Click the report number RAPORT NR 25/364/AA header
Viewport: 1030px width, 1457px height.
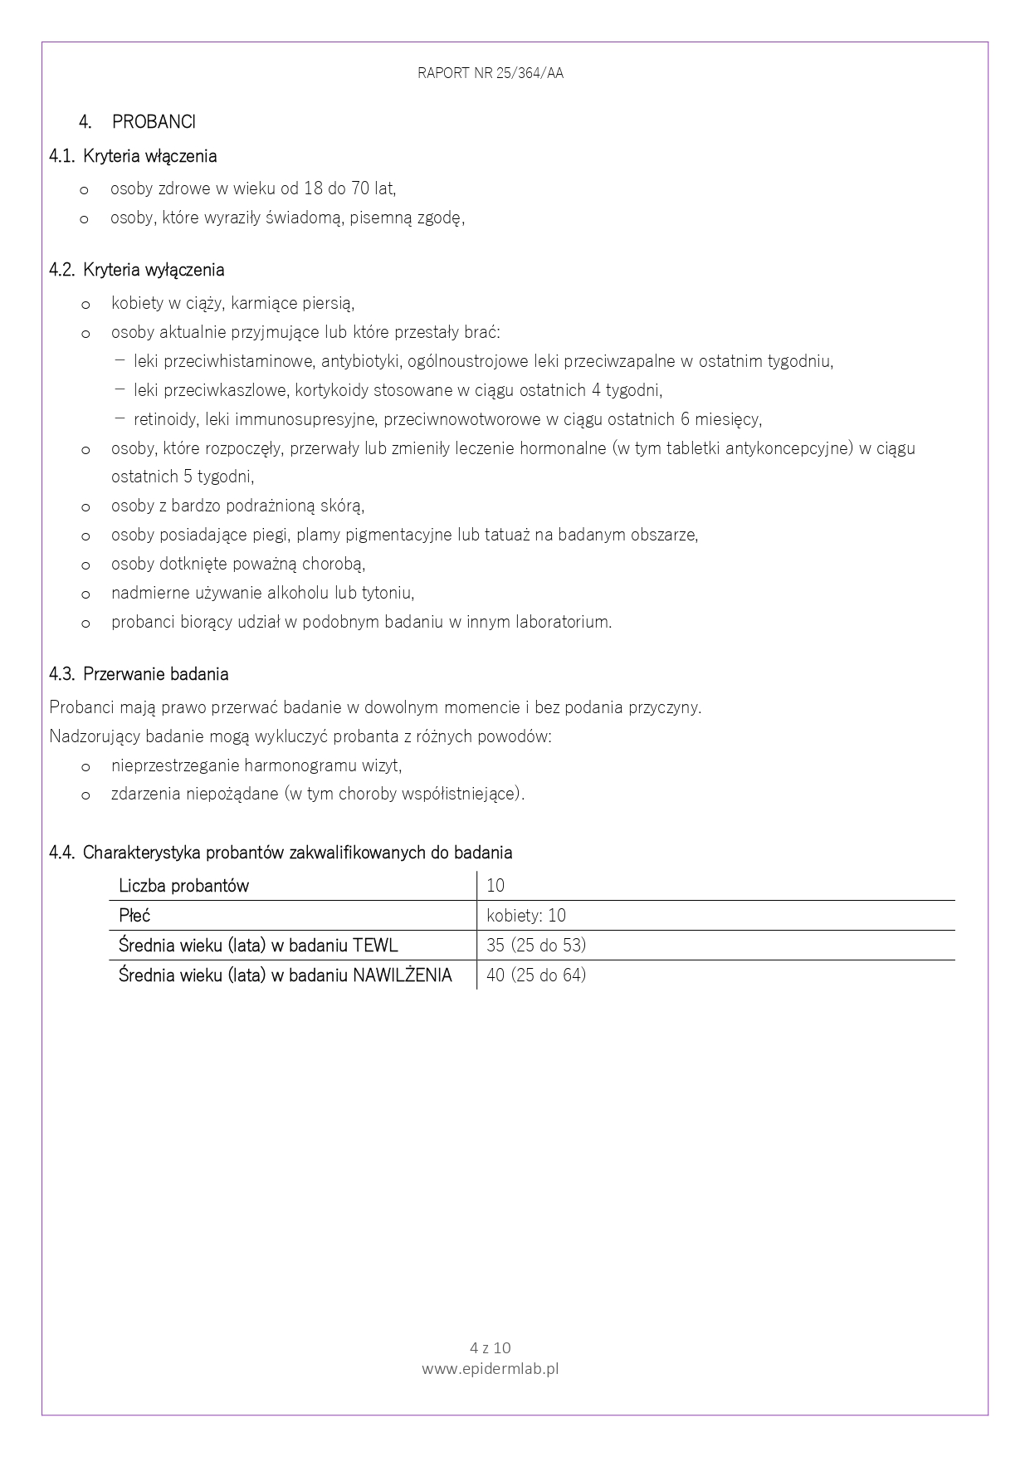[x=491, y=73]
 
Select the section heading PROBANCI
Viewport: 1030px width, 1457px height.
[x=154, y=122]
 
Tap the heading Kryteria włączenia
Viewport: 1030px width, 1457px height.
[x=150, y=156]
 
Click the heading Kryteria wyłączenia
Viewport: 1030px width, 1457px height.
[x=154, y=270]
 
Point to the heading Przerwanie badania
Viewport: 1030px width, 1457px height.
[x=156, y=674]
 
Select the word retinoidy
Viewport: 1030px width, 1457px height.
[x=165, y=419]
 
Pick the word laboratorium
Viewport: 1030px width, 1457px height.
[x=564, y=622]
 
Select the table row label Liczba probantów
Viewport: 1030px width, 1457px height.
[x=183, y=886]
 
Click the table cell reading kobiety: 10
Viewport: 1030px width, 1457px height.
[x=526, y=916]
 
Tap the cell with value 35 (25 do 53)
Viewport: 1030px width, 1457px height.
[x=536, y=946]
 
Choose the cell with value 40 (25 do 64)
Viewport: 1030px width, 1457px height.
[x=536, y=975]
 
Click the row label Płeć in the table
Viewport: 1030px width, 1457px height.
[x=134, y=916]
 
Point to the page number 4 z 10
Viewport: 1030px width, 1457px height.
[x=491, y=1347]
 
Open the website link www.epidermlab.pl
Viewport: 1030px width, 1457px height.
[x=491, y=1368]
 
